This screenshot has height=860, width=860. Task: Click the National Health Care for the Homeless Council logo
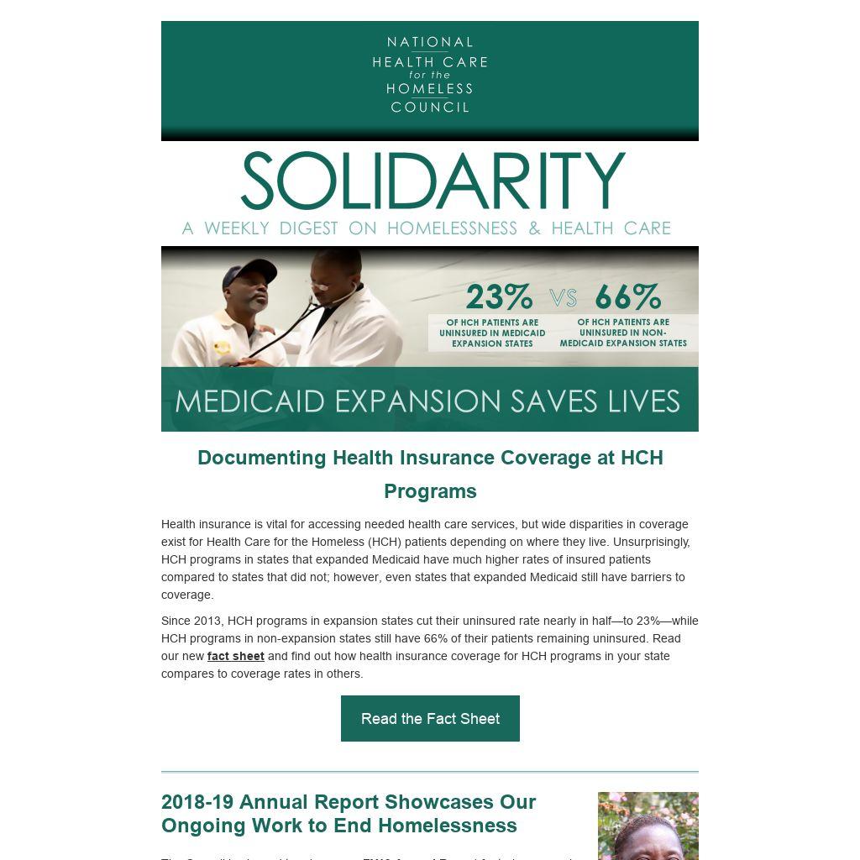point(430,75)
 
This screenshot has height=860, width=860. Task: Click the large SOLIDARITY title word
point(433,181)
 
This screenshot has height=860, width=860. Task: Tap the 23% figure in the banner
point(499,297)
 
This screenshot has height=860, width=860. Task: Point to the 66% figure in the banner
point(627,297)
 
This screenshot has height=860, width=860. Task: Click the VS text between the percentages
point(564,298)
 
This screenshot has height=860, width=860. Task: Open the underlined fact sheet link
point(236,656)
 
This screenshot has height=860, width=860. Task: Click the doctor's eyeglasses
point(322,285)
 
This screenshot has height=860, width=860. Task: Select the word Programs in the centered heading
point(430,491)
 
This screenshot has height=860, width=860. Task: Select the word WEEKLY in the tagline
point(237,228)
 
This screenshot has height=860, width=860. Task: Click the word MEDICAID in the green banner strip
point(250,401)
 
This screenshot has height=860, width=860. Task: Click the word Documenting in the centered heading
point(261,458)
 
